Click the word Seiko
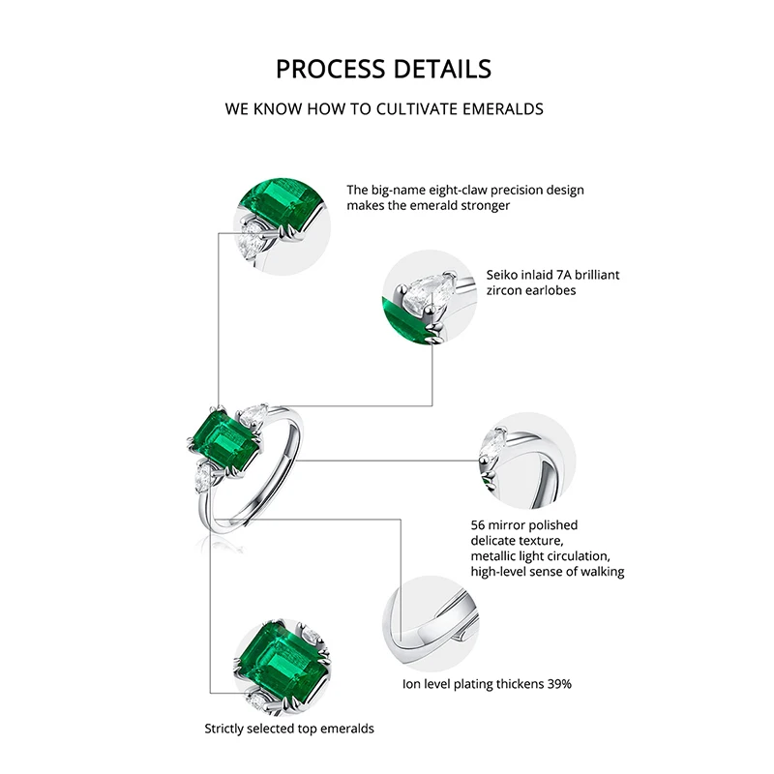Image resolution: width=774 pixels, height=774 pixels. (509, 275)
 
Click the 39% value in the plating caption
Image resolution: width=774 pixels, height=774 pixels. (557, 684)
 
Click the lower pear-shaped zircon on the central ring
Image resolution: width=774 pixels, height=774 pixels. (207, 476)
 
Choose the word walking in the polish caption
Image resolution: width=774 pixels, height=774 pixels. (599, 572)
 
